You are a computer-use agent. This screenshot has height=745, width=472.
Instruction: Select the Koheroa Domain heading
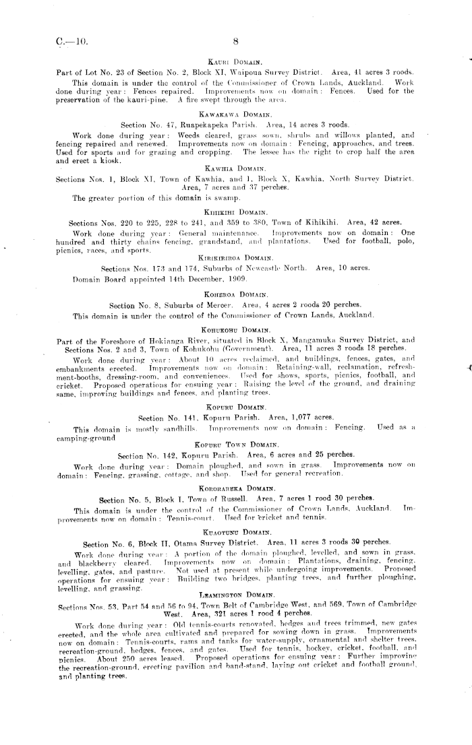[x=235, y=294]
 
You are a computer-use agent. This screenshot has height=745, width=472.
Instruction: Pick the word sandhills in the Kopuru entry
[x=177, y=428]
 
